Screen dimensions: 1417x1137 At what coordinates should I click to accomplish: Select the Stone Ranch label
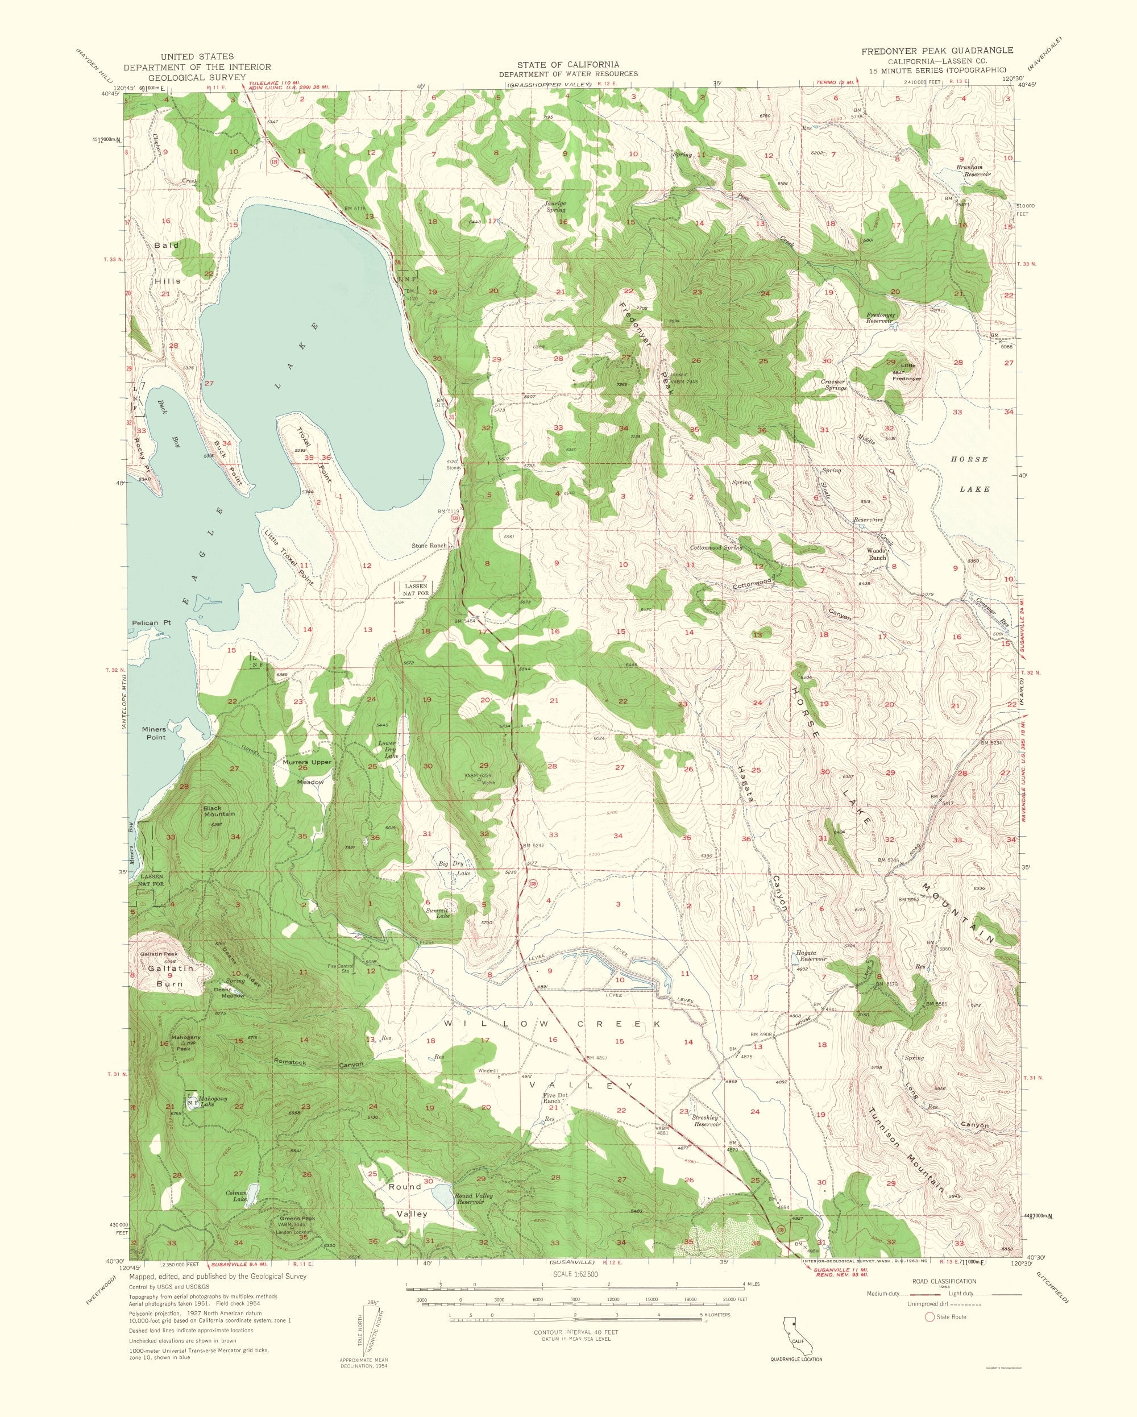pyautogui.click(x=430, y=546)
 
